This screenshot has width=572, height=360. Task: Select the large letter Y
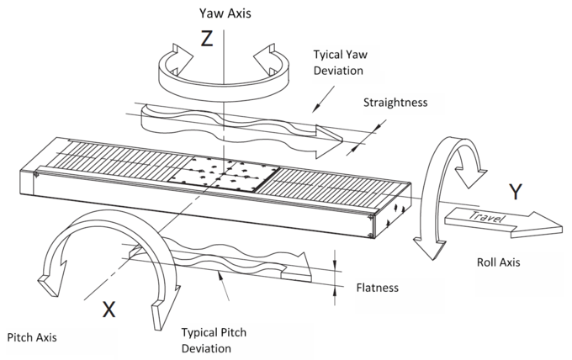(x=517, y=192)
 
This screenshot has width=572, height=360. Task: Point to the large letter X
(x=108, y=310)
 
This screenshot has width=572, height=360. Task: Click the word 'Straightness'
(x=395, y=103)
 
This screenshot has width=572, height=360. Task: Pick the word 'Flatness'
(x=375, y=288)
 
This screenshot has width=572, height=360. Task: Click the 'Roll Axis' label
(x=498, y=262)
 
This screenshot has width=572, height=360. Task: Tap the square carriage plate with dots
(x=226, y=174)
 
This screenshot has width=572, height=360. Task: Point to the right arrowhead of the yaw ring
(x=271, y=63)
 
